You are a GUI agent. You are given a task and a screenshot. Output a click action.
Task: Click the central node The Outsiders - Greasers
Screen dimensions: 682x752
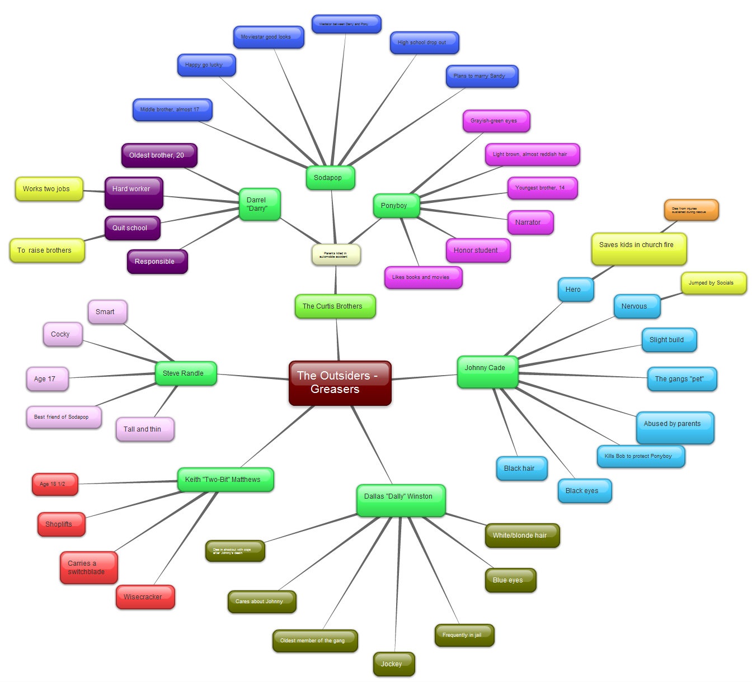pos(340,383)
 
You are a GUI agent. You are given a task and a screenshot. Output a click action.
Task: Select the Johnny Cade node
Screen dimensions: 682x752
pos(487,372)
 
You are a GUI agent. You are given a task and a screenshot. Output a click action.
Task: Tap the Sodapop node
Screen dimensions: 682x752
pos(330,178)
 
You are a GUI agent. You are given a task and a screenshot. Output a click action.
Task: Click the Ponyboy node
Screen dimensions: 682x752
pos(396,206)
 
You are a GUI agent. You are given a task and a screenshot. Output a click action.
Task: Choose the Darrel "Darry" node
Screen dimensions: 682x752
pos(259,204)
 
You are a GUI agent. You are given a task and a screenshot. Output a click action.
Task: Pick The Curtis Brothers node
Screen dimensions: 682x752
pos(335,306)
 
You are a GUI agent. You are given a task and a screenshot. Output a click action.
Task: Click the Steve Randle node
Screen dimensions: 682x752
pos(185,373)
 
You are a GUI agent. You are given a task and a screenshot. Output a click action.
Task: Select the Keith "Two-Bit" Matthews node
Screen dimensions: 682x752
pos(225,480)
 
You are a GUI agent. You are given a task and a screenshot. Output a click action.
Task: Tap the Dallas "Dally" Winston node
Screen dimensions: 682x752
pos(401,500)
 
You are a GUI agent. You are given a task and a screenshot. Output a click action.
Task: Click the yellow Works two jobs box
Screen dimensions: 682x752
pos(49,189)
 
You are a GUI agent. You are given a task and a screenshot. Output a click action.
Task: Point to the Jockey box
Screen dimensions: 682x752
pos(394,664)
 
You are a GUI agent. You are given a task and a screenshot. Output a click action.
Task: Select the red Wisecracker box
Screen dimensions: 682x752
pos(145,597)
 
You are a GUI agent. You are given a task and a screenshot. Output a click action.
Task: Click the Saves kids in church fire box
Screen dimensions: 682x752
pos(638,249)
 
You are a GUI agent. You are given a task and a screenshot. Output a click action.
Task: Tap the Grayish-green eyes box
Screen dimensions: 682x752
pos(496,121)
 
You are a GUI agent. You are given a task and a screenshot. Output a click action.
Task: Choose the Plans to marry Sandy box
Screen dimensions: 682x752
pos(481,76)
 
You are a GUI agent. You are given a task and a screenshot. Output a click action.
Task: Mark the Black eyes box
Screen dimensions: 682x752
pos(584,491)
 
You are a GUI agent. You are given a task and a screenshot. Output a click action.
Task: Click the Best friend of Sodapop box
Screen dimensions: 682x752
pos(63,417)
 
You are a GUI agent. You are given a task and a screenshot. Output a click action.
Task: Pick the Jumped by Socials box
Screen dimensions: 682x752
pos(713,283)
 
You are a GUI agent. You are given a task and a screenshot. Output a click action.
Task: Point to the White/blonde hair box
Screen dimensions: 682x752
pos(521,536)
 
